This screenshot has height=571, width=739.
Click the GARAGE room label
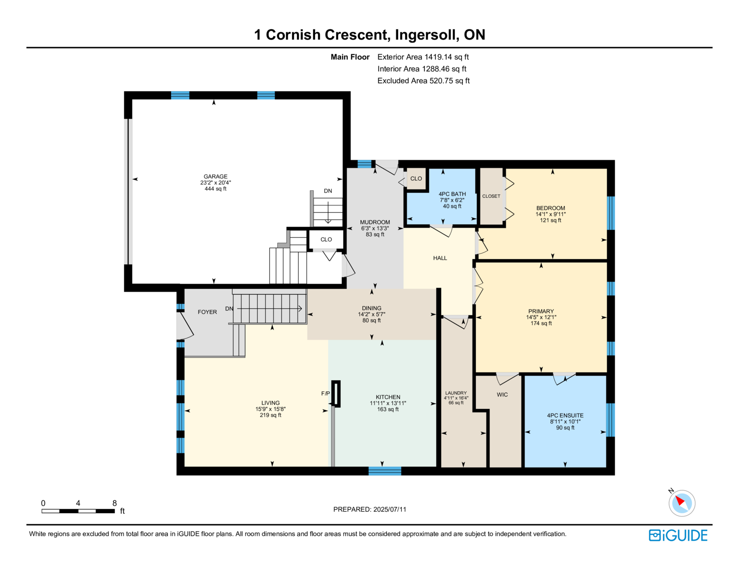tap(215, 176)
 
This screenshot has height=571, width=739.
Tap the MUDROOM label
tap(375, 222)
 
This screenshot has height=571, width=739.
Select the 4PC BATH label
tap(452, 194)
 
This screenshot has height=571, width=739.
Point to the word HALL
tap(440, 258)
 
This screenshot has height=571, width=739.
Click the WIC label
tap(502, 395)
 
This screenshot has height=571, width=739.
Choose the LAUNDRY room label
tap(456, 393)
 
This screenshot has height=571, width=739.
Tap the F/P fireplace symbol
tap(336, 394)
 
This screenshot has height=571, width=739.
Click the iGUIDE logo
tap(678, 535)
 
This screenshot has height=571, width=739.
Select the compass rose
tap(682, 503)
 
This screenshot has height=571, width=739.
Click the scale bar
tap(78, 511)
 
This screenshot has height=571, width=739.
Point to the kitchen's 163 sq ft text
tap(388, 409)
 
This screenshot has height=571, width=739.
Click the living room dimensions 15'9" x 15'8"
tap(270, 409)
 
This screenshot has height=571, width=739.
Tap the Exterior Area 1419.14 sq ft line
tap(423, 57)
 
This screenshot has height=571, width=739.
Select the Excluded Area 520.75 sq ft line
tap(423, 80)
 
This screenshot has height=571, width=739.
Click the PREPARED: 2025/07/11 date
tap(369, 509)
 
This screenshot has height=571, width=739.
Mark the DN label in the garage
tap(328, 191)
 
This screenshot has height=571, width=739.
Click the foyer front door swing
tap(185, 325)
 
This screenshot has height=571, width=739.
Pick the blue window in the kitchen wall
tap(385, 471)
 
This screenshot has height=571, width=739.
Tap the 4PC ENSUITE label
tap(565, 415)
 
